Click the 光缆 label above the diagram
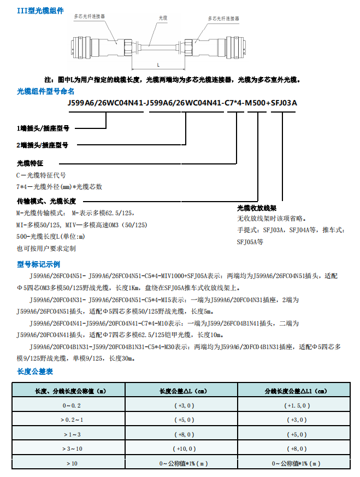point(163,18)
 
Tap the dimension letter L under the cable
point(157,63)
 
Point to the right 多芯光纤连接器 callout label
point(223,18)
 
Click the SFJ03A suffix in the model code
point(284,103)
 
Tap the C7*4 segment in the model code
point(234,103)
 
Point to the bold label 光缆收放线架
point(257,208)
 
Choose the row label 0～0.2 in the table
point(71,405)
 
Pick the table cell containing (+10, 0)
point(184,449)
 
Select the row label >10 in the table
point(72,463)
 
